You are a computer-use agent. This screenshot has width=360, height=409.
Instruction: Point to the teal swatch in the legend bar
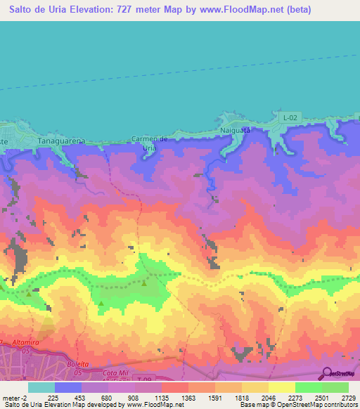tap(41, 387)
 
